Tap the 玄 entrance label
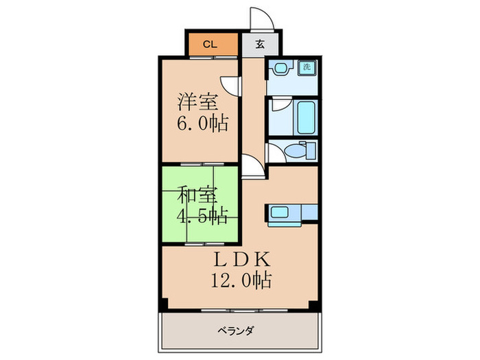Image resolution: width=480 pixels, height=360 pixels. coord(261,45)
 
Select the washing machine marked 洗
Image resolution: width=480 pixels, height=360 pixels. coord(307,68)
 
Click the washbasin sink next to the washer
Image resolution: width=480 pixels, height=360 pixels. coord(281,69)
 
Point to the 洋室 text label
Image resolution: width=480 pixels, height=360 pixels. coord(199,103)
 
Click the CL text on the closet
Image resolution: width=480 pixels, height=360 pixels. coord(211,45)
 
